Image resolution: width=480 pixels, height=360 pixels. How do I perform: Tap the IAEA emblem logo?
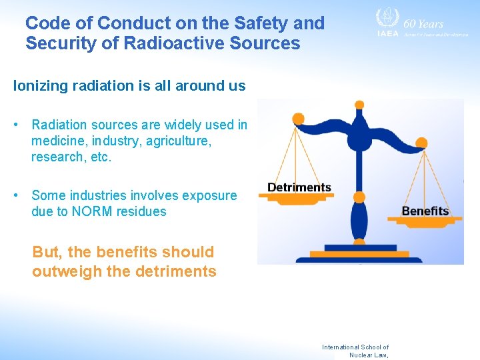tap(387, 19)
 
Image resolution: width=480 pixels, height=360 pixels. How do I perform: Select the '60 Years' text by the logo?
tap(424, 23)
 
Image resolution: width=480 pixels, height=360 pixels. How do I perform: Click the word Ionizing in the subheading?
tap(39, 86)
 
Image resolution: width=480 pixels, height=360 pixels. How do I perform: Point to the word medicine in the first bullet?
tap(58, 141)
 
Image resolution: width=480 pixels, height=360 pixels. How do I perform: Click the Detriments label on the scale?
tap(299, 187)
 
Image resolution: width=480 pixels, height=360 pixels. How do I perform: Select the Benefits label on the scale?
tap(425, 211)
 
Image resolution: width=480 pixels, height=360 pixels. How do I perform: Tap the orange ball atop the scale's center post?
tap(359, 105)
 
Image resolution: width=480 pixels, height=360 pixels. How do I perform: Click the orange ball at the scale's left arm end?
tap(298, 119)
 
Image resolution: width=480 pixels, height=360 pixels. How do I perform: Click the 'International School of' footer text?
tap(355, 347)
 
